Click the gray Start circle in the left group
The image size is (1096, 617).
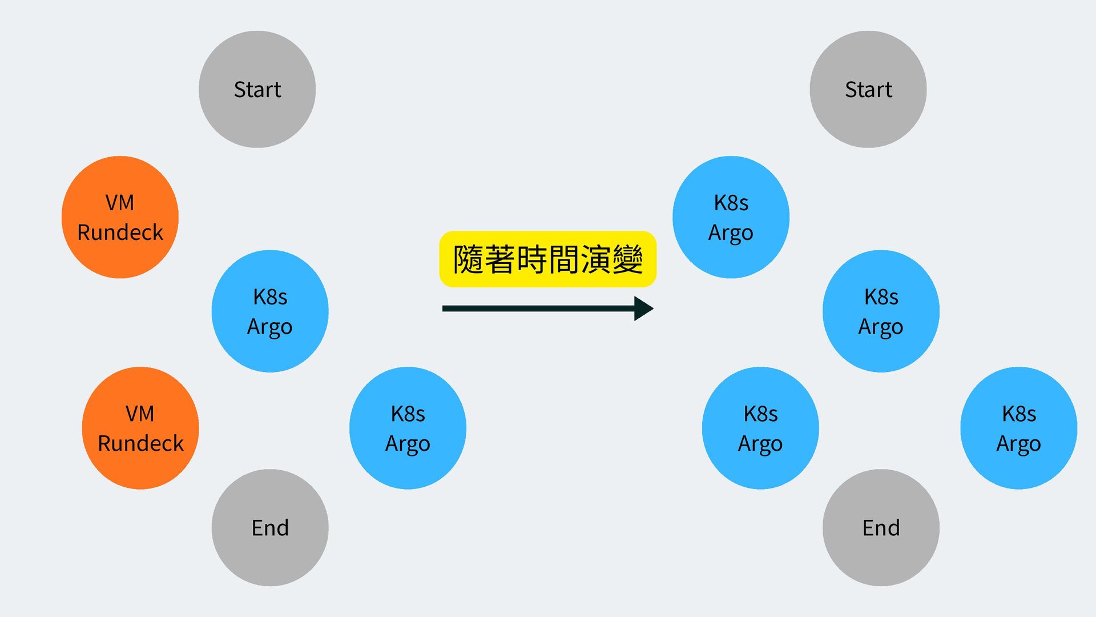coord(257,89)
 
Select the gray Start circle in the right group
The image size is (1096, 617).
coord(868,89)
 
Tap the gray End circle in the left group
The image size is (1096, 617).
coord(270,527)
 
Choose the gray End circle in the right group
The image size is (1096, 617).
coord(881,527)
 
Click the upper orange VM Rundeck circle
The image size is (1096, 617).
coord(120,217)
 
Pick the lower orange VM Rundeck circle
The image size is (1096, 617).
coord(140,428)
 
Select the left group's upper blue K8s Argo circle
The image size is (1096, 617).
coord(270,311)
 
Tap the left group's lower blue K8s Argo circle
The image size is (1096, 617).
coord(408,428)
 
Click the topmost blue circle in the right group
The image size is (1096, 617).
coord(731,217)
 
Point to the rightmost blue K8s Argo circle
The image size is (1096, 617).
coord(1018,428)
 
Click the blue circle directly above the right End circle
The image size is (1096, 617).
coord(881,311)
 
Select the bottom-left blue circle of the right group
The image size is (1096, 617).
coord(760,428)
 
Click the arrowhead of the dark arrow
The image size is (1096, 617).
coord(643,308)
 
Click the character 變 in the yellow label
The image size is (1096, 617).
coord(627,259)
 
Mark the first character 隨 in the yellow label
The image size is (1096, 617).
coord(468,259)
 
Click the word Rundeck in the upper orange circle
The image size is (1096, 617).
coord(120,233)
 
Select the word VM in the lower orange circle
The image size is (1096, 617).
coord(140,413)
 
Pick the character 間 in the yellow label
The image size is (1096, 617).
coord(563,259)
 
